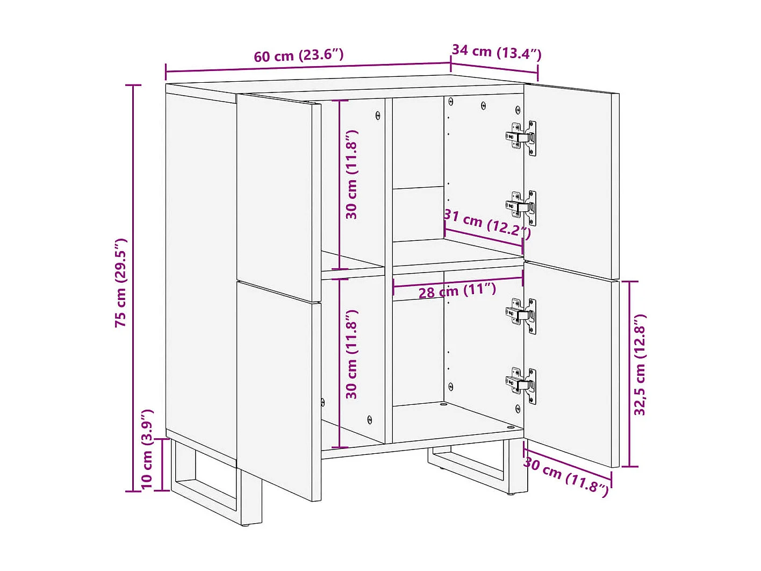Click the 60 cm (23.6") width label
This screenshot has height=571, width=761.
pyautogui.click(x=298, y=55)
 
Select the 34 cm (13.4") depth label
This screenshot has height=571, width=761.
pyautogui.click(x=496, y=52)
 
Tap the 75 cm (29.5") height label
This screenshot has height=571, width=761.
pyautogui.click(x=120, y=282)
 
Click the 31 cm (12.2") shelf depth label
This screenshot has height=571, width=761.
pyautogui.click(x=487, y=224)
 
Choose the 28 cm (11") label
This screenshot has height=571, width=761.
pyautogui.click(x=457, y=291)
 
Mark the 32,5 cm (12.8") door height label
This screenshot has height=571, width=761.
pyautogui.click(x=640, y=365)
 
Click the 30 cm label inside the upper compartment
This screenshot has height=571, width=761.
pyautogui.click(x=351, y=174)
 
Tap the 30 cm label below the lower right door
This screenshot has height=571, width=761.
pyautogui.click(x=566, y=477)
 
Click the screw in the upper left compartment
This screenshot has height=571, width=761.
pyautogui.click(x=378, y=115)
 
